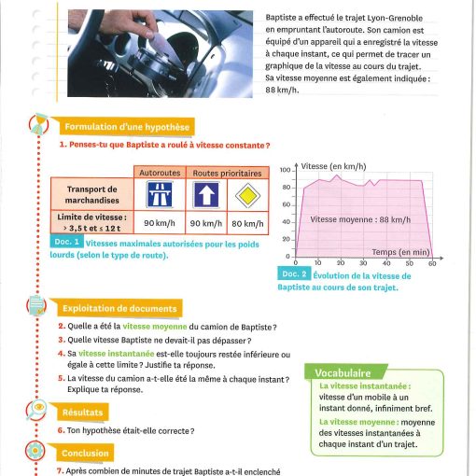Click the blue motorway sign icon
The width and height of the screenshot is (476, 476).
pos(160,195)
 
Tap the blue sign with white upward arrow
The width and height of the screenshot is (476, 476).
pos(206,195)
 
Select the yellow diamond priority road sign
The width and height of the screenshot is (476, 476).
pos(247,195)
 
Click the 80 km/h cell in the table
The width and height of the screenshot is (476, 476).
pos(247,223)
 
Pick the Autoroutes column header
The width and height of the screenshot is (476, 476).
pos(160,173)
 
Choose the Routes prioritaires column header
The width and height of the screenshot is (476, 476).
pos(227,173)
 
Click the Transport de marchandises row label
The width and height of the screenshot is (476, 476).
pos(92,194)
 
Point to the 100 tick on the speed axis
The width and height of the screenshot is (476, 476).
pos(285,170)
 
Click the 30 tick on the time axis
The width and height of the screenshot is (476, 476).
pos(363,263)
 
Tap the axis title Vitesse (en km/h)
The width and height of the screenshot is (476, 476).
pos(333,166)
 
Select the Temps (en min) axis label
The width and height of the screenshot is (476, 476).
pos(400,252)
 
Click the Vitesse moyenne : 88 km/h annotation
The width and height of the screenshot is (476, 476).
pos(360,219)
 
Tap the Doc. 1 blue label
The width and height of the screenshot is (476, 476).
pos(66,242)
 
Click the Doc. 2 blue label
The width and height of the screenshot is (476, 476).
pos(294,273)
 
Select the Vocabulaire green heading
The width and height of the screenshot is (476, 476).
pos(343,372)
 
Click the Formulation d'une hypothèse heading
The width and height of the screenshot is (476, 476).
pos(127,127)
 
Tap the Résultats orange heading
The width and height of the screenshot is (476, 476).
pos(82,413)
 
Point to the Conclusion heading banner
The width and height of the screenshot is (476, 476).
pos(85,453)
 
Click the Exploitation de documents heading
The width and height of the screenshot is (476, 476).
pos(119,308)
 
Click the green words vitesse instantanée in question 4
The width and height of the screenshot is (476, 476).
pos(117,354)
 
